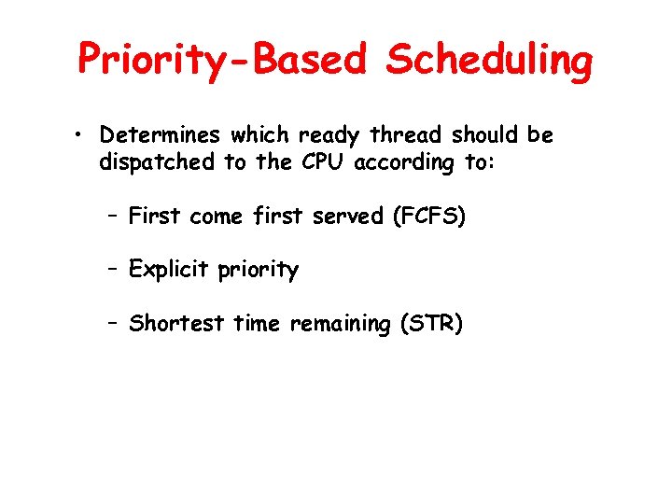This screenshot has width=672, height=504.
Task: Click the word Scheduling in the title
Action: pos(489,59)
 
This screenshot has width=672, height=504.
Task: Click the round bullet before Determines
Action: pos(82,136)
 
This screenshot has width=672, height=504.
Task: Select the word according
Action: pos(403,163)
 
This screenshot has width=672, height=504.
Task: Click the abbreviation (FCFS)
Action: pos(430,217)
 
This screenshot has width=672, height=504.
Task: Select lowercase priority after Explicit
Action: pos(259,271)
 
